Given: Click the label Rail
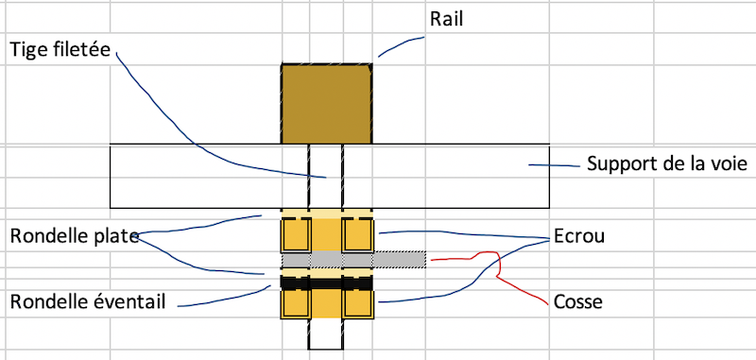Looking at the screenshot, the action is tap(446, 20).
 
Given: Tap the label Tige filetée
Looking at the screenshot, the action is tap(60, 49).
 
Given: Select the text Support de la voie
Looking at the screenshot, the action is tap(667, 164).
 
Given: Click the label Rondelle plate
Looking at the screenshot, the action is tap(75, 236).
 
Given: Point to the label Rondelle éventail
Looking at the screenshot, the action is tap(88, 302).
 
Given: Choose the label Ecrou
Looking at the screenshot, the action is tap(578, 236).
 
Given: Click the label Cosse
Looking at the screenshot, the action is tap(578, 302).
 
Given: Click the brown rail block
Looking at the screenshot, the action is tap(326, 104).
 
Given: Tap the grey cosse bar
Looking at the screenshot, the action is tap(353, 260).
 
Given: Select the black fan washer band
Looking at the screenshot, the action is tap(327, 283).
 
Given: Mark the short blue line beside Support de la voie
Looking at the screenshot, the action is tap(554, 165).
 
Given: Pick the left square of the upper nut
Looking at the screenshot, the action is tap(296, 234).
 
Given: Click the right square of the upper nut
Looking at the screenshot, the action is tap(358, 234).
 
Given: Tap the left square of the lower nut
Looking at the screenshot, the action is tap(296, 303).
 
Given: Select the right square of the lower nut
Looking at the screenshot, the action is tap(358, 303).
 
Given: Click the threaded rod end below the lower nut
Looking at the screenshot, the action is tap(325, 334).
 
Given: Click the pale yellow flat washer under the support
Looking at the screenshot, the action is tap(327, 214).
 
